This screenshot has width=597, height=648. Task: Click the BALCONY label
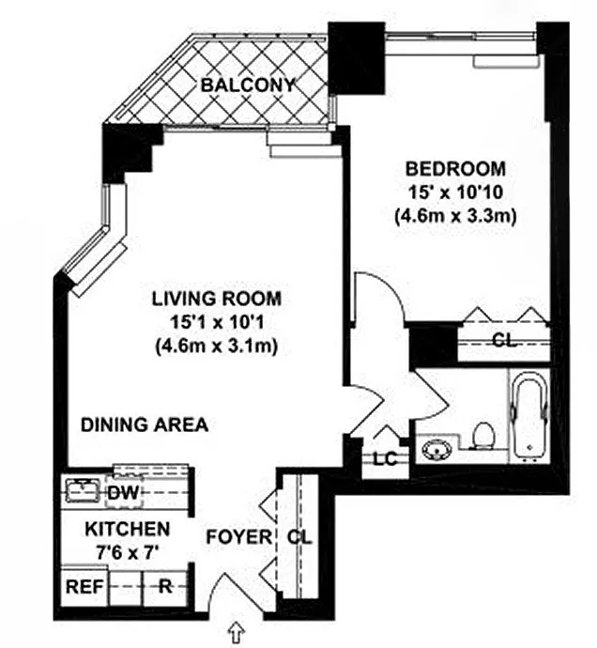[x=248, y=85]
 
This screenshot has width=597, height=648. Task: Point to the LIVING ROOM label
[x=217, y=301]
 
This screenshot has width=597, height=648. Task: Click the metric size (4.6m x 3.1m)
[x=217, y=346]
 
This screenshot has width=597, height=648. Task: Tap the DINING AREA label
[x=144, y=424]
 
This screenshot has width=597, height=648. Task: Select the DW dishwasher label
[x=118, y=492]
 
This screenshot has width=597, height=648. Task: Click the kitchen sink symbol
[x=81, y=488]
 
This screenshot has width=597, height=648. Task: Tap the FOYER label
[x=239, y=538]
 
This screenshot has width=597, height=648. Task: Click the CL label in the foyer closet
[x=298, y=538]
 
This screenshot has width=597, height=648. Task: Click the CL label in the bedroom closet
[x=504, y=341]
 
